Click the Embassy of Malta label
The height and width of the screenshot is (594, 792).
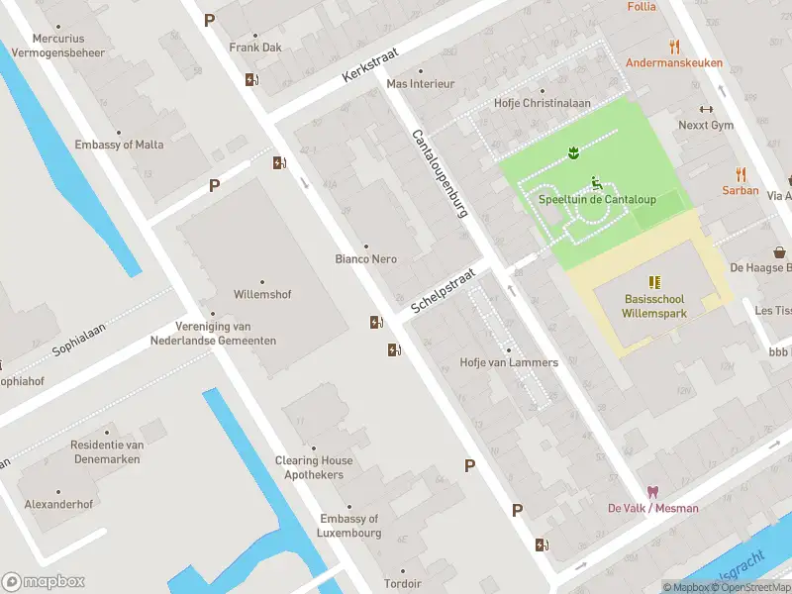tap(119, 145)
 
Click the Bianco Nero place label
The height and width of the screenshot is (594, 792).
tap(365, 259)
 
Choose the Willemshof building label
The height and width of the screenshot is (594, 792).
tap(261, 294)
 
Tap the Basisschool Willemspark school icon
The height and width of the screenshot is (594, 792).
tap(653, 282)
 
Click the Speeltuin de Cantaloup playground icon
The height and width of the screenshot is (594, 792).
tap(597, 182)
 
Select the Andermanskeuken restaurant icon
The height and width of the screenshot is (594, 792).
tap(674, 47)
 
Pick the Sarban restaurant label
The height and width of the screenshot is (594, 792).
tap(740, 190)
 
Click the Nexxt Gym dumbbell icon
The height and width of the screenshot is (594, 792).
tap(706, 110)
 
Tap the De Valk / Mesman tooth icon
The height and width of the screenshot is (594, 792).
tap(652, 492)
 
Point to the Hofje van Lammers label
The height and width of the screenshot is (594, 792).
tap(509, 362)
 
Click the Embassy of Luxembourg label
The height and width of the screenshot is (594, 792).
tap(349, 526)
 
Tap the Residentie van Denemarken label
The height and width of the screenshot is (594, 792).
tap(107, 451)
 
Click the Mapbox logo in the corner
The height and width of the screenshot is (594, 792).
tap(44, 581)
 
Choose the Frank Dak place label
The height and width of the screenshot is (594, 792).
tap(256, 48)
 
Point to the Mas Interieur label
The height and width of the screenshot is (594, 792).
tap(420, 84)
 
